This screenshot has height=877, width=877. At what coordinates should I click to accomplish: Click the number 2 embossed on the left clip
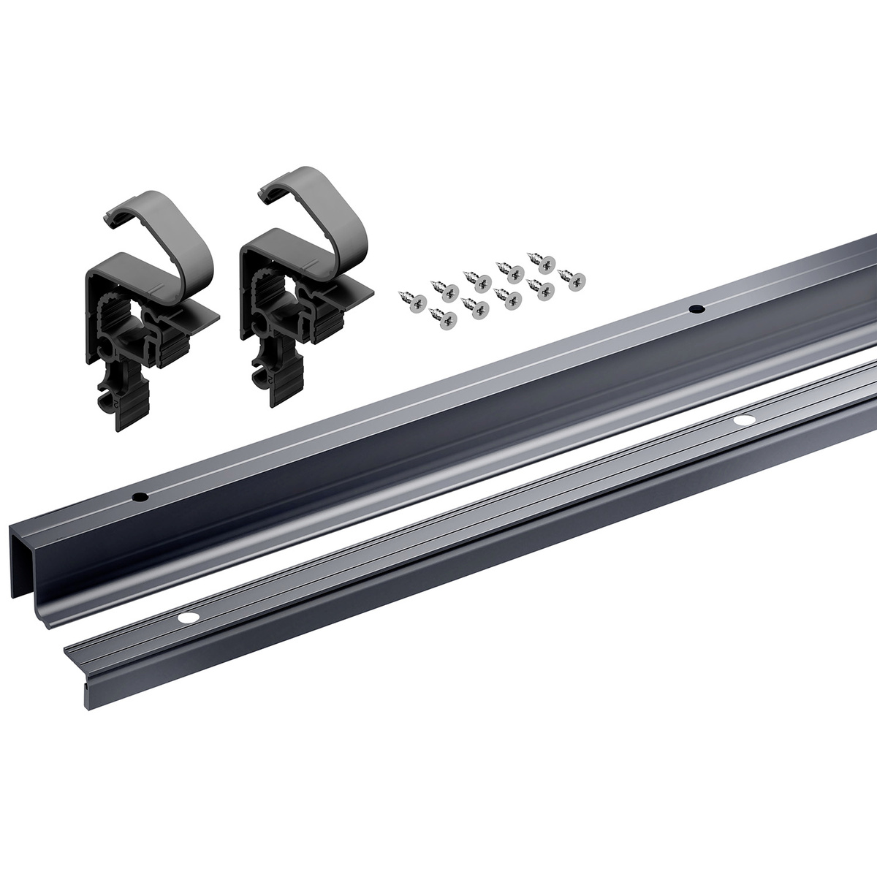point(114,400)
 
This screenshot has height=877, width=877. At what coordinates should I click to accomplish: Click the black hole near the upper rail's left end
point(137,498)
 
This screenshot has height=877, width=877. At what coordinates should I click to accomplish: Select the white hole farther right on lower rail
point(745,420)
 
